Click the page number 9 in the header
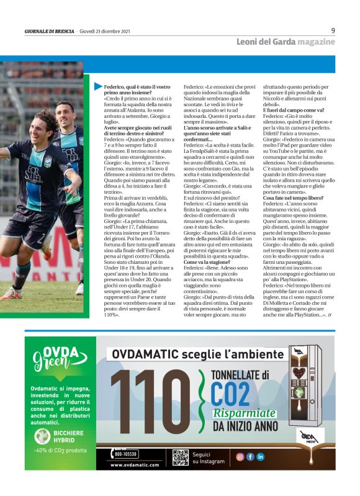333,30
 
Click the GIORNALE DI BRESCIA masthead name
49,31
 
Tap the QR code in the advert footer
180,458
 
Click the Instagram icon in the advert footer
240,456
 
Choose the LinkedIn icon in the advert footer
260,456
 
